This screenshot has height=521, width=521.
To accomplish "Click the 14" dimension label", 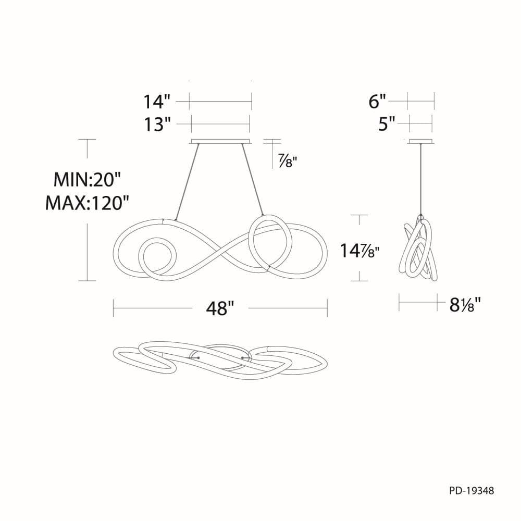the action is (x=157, y=102).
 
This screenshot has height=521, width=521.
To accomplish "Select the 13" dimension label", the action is (x=157, y=125).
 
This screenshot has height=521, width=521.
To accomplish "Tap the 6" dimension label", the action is (x=377, y=101).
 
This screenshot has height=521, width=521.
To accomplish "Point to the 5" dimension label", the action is (x=387, y=124).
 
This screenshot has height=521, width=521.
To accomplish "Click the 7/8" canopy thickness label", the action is (x=287, y=162).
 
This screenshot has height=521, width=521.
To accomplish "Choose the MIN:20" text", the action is (x=86, y=180).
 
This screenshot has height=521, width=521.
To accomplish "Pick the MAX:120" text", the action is (x=86, y=202).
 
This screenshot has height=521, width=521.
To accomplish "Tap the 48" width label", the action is (x=220, y=308).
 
